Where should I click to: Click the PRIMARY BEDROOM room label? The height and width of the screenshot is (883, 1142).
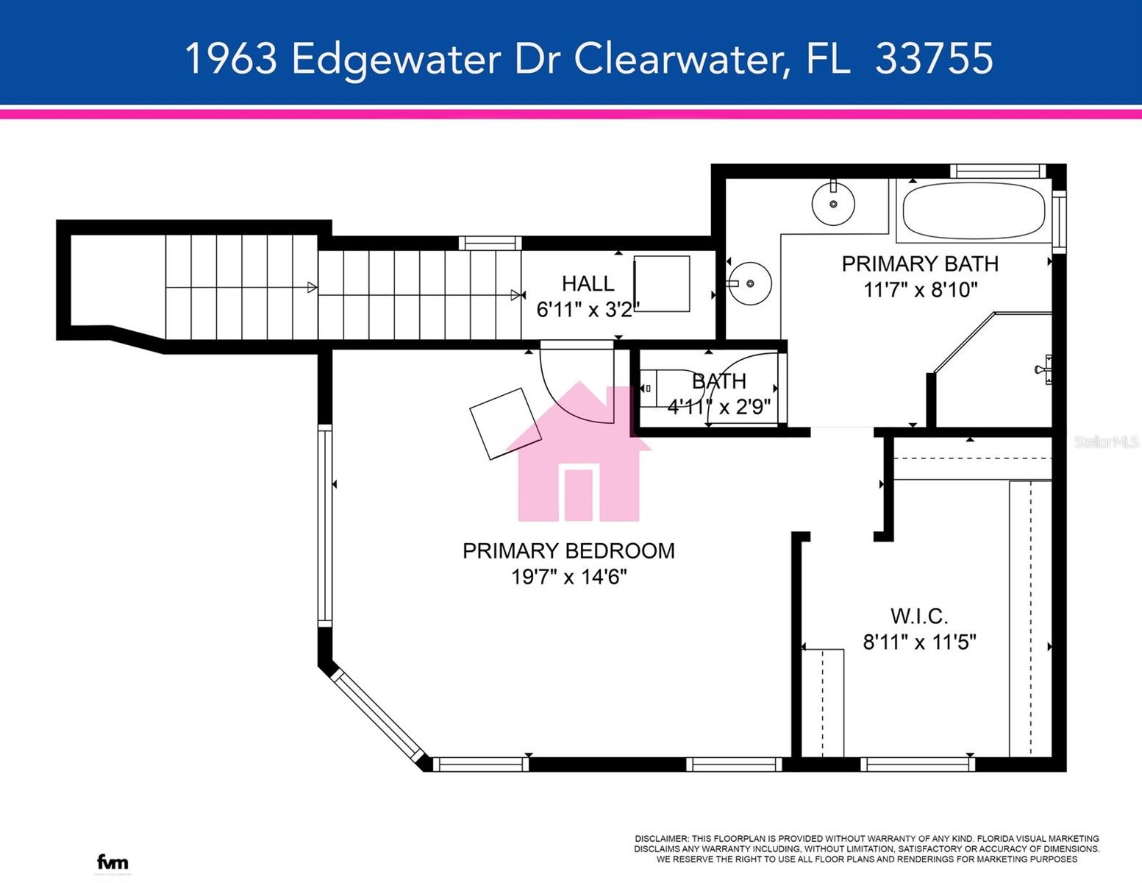(x=568, y=550)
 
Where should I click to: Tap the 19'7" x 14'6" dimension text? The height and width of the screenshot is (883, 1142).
(x=568, y=577)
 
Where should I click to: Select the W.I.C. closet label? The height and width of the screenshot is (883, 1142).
(x=919, y=616)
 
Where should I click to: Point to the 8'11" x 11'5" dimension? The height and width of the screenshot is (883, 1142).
(x=919, y=642)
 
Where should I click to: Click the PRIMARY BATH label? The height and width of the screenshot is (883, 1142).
(x=919, y=263)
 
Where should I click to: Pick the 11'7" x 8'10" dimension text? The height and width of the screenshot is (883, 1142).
(x=919, y=290)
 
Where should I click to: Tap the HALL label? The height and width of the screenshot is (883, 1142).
(x=588, y=283)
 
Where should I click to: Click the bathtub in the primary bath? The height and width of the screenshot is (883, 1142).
(x=974, y=210)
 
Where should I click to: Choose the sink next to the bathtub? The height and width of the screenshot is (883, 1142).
(x=833, y=203)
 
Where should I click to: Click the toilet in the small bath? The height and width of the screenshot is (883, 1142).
(x=658, y=389)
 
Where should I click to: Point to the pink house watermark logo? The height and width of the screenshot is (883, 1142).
(x=579, y=456)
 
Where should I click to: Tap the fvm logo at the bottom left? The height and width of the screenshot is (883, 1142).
(x=113, y=862)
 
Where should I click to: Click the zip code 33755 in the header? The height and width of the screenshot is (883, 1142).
(x=934, y=58)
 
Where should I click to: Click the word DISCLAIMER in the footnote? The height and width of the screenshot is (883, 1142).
(x=661, y=839)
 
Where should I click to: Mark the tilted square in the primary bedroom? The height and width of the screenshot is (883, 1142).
(x=505, y=424)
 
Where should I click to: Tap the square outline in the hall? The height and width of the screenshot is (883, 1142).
(x=662, y=284)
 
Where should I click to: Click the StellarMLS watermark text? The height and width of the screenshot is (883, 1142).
(x=1106, y=441)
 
